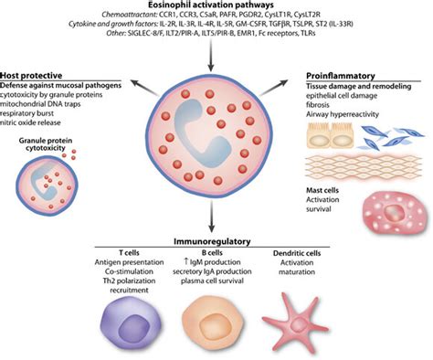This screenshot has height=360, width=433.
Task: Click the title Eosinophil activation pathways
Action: pyautogui.click(x=216, y=6)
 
